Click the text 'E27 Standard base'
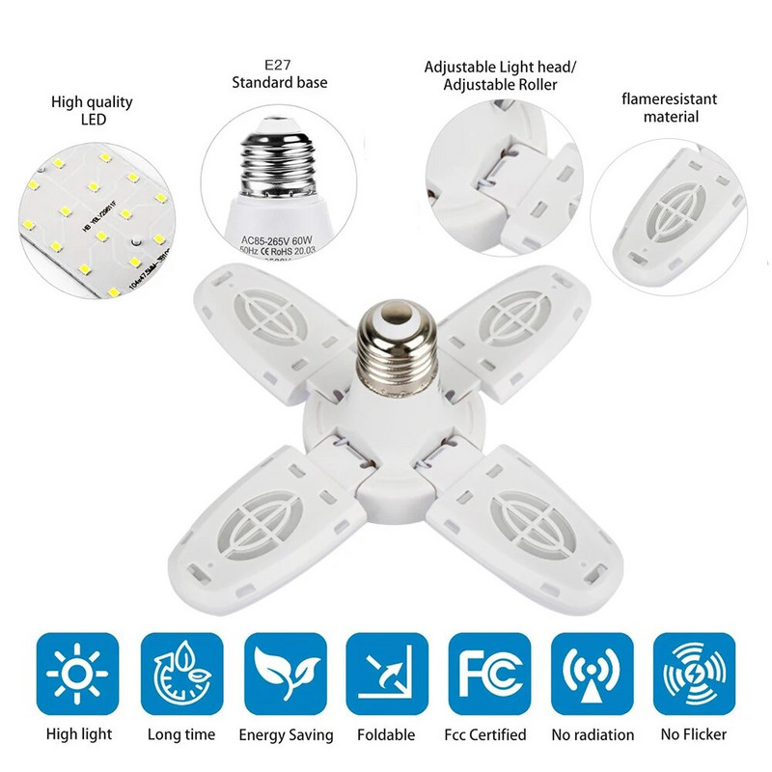[279, 73]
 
